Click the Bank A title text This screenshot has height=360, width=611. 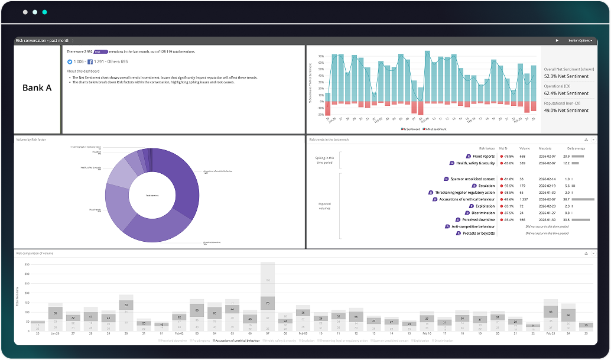coord(37,88)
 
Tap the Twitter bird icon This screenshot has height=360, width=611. coord(69,61)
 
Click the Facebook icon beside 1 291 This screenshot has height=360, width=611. coord(90,61)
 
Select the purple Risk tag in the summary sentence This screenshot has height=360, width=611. coord(101,52)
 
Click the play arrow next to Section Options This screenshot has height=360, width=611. coord(557,41)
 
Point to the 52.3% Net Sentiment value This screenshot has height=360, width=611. coord(565,76)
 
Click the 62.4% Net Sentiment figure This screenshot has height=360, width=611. coord(565,93)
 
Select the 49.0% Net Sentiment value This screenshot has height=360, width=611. coord(565,111)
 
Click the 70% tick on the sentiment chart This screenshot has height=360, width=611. coord(321,57)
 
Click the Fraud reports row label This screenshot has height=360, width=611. coord(483,156)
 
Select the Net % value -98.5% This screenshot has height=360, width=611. coord(506,193)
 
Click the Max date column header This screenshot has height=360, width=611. coord(544,148)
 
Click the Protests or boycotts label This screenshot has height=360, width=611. coord(479,233)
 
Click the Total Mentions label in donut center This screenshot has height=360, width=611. coord(152,194)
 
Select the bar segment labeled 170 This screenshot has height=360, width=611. coord(268,280)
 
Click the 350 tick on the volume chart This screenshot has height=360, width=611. coord(26,265)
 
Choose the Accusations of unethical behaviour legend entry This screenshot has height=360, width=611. coord(237,340)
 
